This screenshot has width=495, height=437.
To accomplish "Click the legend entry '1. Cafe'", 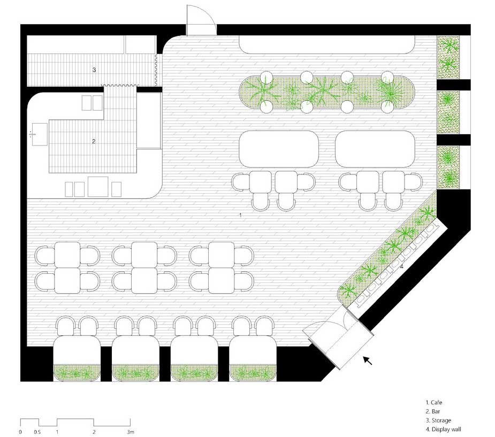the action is pos(434,402).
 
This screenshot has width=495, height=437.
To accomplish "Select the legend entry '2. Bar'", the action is pos(432,411).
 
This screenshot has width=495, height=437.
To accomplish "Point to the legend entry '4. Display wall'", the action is pos(443,429).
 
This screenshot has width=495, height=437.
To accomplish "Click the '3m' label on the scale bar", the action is pos(131,432).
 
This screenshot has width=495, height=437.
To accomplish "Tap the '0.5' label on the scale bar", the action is pos(37,432).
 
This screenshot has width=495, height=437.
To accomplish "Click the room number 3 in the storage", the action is pos(94,70).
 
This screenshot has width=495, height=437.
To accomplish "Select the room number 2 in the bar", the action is pos(94,141).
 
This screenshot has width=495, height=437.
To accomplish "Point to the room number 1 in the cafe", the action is pos(240,215).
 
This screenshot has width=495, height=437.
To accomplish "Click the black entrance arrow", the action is pos(368,361).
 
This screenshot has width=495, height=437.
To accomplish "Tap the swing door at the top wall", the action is pos(201,20).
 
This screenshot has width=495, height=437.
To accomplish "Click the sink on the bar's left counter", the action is pos(39,134).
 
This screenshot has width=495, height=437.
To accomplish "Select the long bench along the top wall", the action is pos(327,44).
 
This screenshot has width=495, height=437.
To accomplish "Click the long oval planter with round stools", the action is pos(327,92).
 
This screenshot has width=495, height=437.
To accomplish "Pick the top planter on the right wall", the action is pos(448,57).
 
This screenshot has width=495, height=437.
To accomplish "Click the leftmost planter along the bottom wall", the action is pos(77,373).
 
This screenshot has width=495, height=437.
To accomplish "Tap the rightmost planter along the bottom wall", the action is pos(253,373).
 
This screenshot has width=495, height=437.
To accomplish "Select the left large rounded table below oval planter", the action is pos(278,149).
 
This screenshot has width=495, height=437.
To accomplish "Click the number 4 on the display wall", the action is pos(401,266).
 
